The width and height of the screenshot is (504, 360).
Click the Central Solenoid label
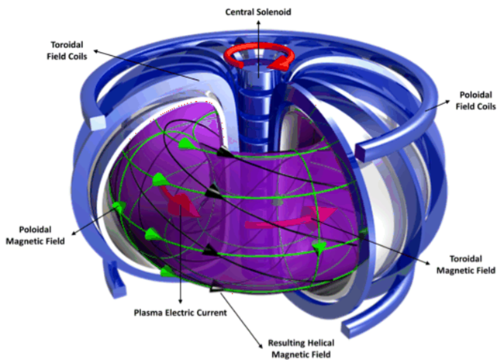tap(258, 12)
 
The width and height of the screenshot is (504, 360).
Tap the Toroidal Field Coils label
tap(67, 50)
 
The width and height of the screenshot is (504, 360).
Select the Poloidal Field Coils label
tap(476, 101)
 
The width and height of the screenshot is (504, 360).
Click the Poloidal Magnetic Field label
tap(36, 235)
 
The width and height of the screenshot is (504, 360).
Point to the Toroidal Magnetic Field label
tap(465, 265)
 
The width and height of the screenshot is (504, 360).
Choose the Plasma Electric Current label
tap(181, 313)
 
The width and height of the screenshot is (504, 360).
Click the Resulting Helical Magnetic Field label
tap(301, 348)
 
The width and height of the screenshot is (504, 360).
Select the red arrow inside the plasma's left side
tap(179, 201)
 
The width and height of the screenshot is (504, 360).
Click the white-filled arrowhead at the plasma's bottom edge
tap(216, 289)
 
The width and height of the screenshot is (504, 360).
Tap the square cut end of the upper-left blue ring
tap(98, 123)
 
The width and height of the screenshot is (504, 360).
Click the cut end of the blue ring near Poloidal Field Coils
tap(361, 154)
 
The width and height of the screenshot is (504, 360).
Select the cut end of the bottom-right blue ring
tap(347, 329)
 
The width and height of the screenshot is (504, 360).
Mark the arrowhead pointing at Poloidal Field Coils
tap(447, 102)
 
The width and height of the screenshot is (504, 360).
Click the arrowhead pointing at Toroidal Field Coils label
tap(95, 51)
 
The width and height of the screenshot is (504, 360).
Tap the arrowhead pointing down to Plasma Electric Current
tap(181, 300)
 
